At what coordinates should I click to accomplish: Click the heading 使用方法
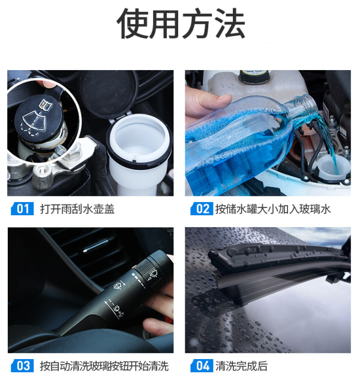click(181, 23)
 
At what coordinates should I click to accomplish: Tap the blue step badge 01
click(23, 209)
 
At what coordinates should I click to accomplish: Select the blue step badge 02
click(202, 209)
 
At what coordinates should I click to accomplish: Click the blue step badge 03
click(23, 366)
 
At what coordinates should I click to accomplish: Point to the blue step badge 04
click(202, 366)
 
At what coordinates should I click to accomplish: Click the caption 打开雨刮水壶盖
click(77, 209)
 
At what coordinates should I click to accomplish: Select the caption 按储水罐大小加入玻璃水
click(273, 209)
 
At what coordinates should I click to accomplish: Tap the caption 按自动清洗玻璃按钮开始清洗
click(104, 366)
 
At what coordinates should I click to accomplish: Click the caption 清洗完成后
click(242, 366)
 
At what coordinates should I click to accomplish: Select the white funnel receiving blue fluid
click(333, 168)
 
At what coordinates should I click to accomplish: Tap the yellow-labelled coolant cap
click(254, 76)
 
